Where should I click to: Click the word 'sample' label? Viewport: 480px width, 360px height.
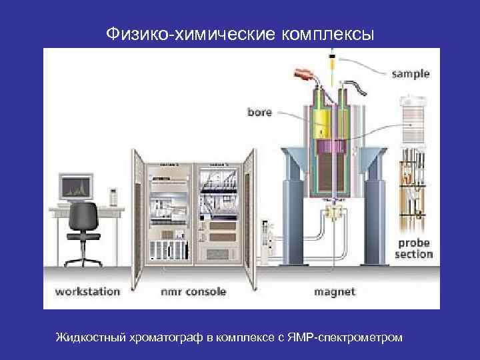click(410, 74)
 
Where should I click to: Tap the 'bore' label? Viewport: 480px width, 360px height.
click(259, 112)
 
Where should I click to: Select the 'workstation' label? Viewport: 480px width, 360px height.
click(87, 291)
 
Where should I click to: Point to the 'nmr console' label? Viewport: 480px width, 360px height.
click(193, 291)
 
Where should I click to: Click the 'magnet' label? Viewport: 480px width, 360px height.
click(334, 291)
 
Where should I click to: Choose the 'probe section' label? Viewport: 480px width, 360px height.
click(413, 249)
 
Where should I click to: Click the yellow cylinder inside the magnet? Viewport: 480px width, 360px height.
click(325, 123)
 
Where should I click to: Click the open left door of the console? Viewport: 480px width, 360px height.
click(138, 220)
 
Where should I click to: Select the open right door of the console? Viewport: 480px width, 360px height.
click(249, 220)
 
